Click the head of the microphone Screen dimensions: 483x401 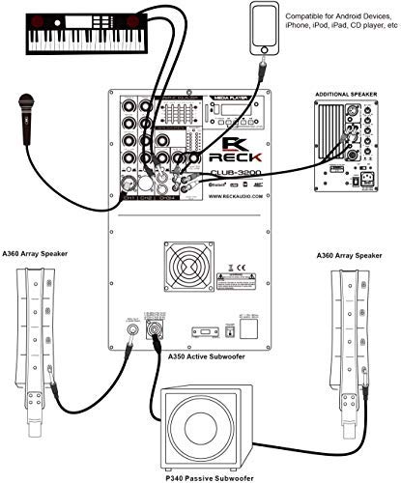click(24, 100)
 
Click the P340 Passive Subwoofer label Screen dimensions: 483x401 click(204, 475)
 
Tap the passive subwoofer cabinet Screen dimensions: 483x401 click(204, 426)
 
